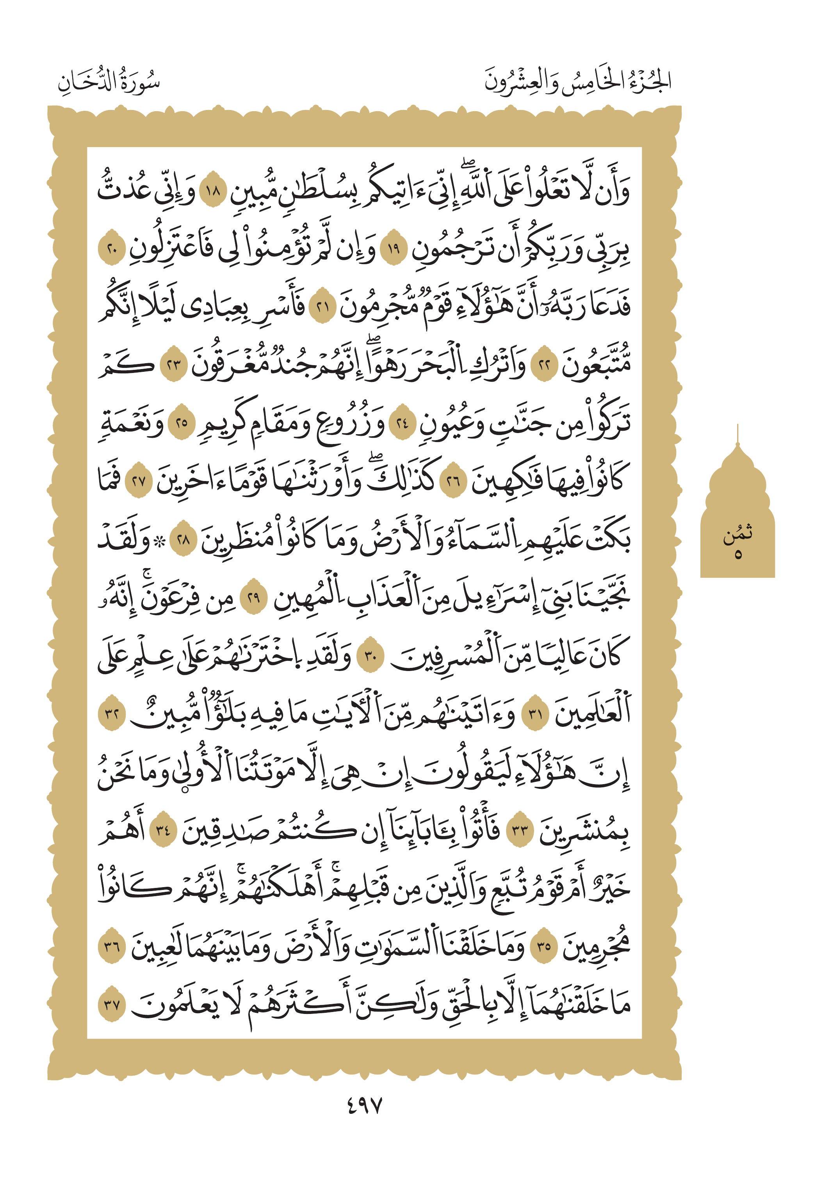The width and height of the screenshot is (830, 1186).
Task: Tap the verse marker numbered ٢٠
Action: (112, 250)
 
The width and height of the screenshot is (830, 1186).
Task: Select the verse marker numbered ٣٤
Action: (163, 831)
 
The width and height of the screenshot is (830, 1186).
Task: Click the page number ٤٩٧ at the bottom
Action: (364, 1106)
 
